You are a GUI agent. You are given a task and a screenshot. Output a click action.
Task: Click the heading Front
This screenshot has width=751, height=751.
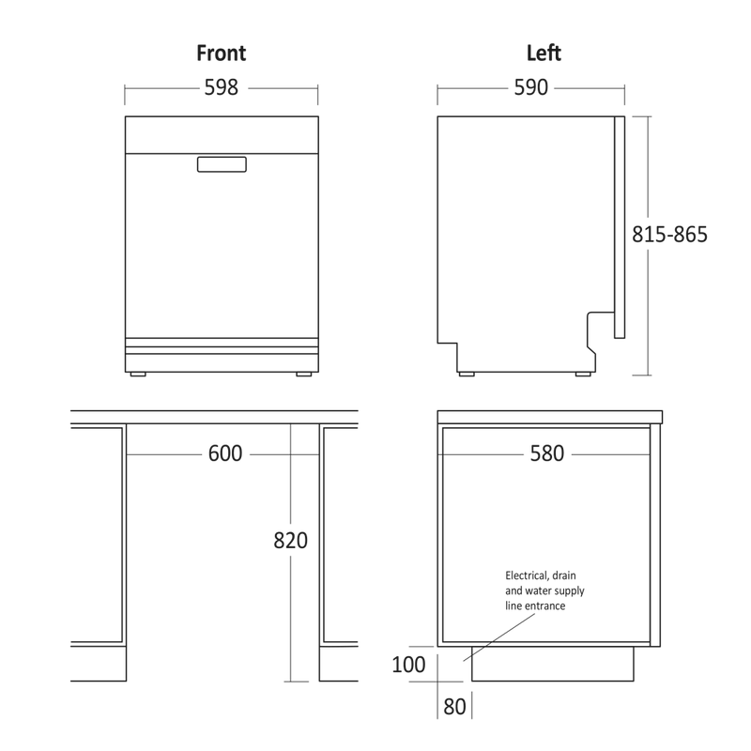tap(222, 53)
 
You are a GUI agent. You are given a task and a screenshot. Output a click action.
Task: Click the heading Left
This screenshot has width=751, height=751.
tap(544, 53)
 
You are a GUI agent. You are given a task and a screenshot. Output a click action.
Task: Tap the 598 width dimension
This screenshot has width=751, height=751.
tap(222, 87)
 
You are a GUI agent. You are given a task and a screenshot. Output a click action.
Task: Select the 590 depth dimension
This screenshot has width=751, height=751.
tap(530, 87)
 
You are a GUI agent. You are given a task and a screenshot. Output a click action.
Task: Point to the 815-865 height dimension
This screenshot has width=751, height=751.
tap(669, 235)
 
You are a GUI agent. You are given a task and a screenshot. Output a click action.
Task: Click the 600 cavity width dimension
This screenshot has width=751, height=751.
tap(225, 453)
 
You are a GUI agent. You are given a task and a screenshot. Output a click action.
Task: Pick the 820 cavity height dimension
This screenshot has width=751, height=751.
tap(290, 541)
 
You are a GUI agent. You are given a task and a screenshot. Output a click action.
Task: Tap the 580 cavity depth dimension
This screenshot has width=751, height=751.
tap(547, 453)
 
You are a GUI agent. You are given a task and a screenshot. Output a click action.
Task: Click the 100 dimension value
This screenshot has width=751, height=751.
tap(408, 665)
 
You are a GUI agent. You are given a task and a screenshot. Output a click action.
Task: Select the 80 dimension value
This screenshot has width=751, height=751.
tap(454, 707)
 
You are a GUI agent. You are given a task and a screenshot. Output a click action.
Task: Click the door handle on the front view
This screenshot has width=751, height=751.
tap(222, 164)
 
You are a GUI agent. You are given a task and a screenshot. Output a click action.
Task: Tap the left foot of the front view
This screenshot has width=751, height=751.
tap(138, 374)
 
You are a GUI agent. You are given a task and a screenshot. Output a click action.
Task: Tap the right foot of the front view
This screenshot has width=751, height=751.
tap(303, 374)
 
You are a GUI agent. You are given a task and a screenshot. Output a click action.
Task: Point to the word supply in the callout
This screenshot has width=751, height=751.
tap(570, 591)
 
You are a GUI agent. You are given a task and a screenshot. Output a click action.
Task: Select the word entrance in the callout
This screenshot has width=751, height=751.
tap(545, 605)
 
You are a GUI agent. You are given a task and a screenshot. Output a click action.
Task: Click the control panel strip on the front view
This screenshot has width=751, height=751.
tap(222, 134)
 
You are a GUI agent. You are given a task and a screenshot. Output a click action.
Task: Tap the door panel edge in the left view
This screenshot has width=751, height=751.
tap(620, 227)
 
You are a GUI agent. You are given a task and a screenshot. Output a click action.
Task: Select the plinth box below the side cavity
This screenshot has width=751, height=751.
tap(553, 664)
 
